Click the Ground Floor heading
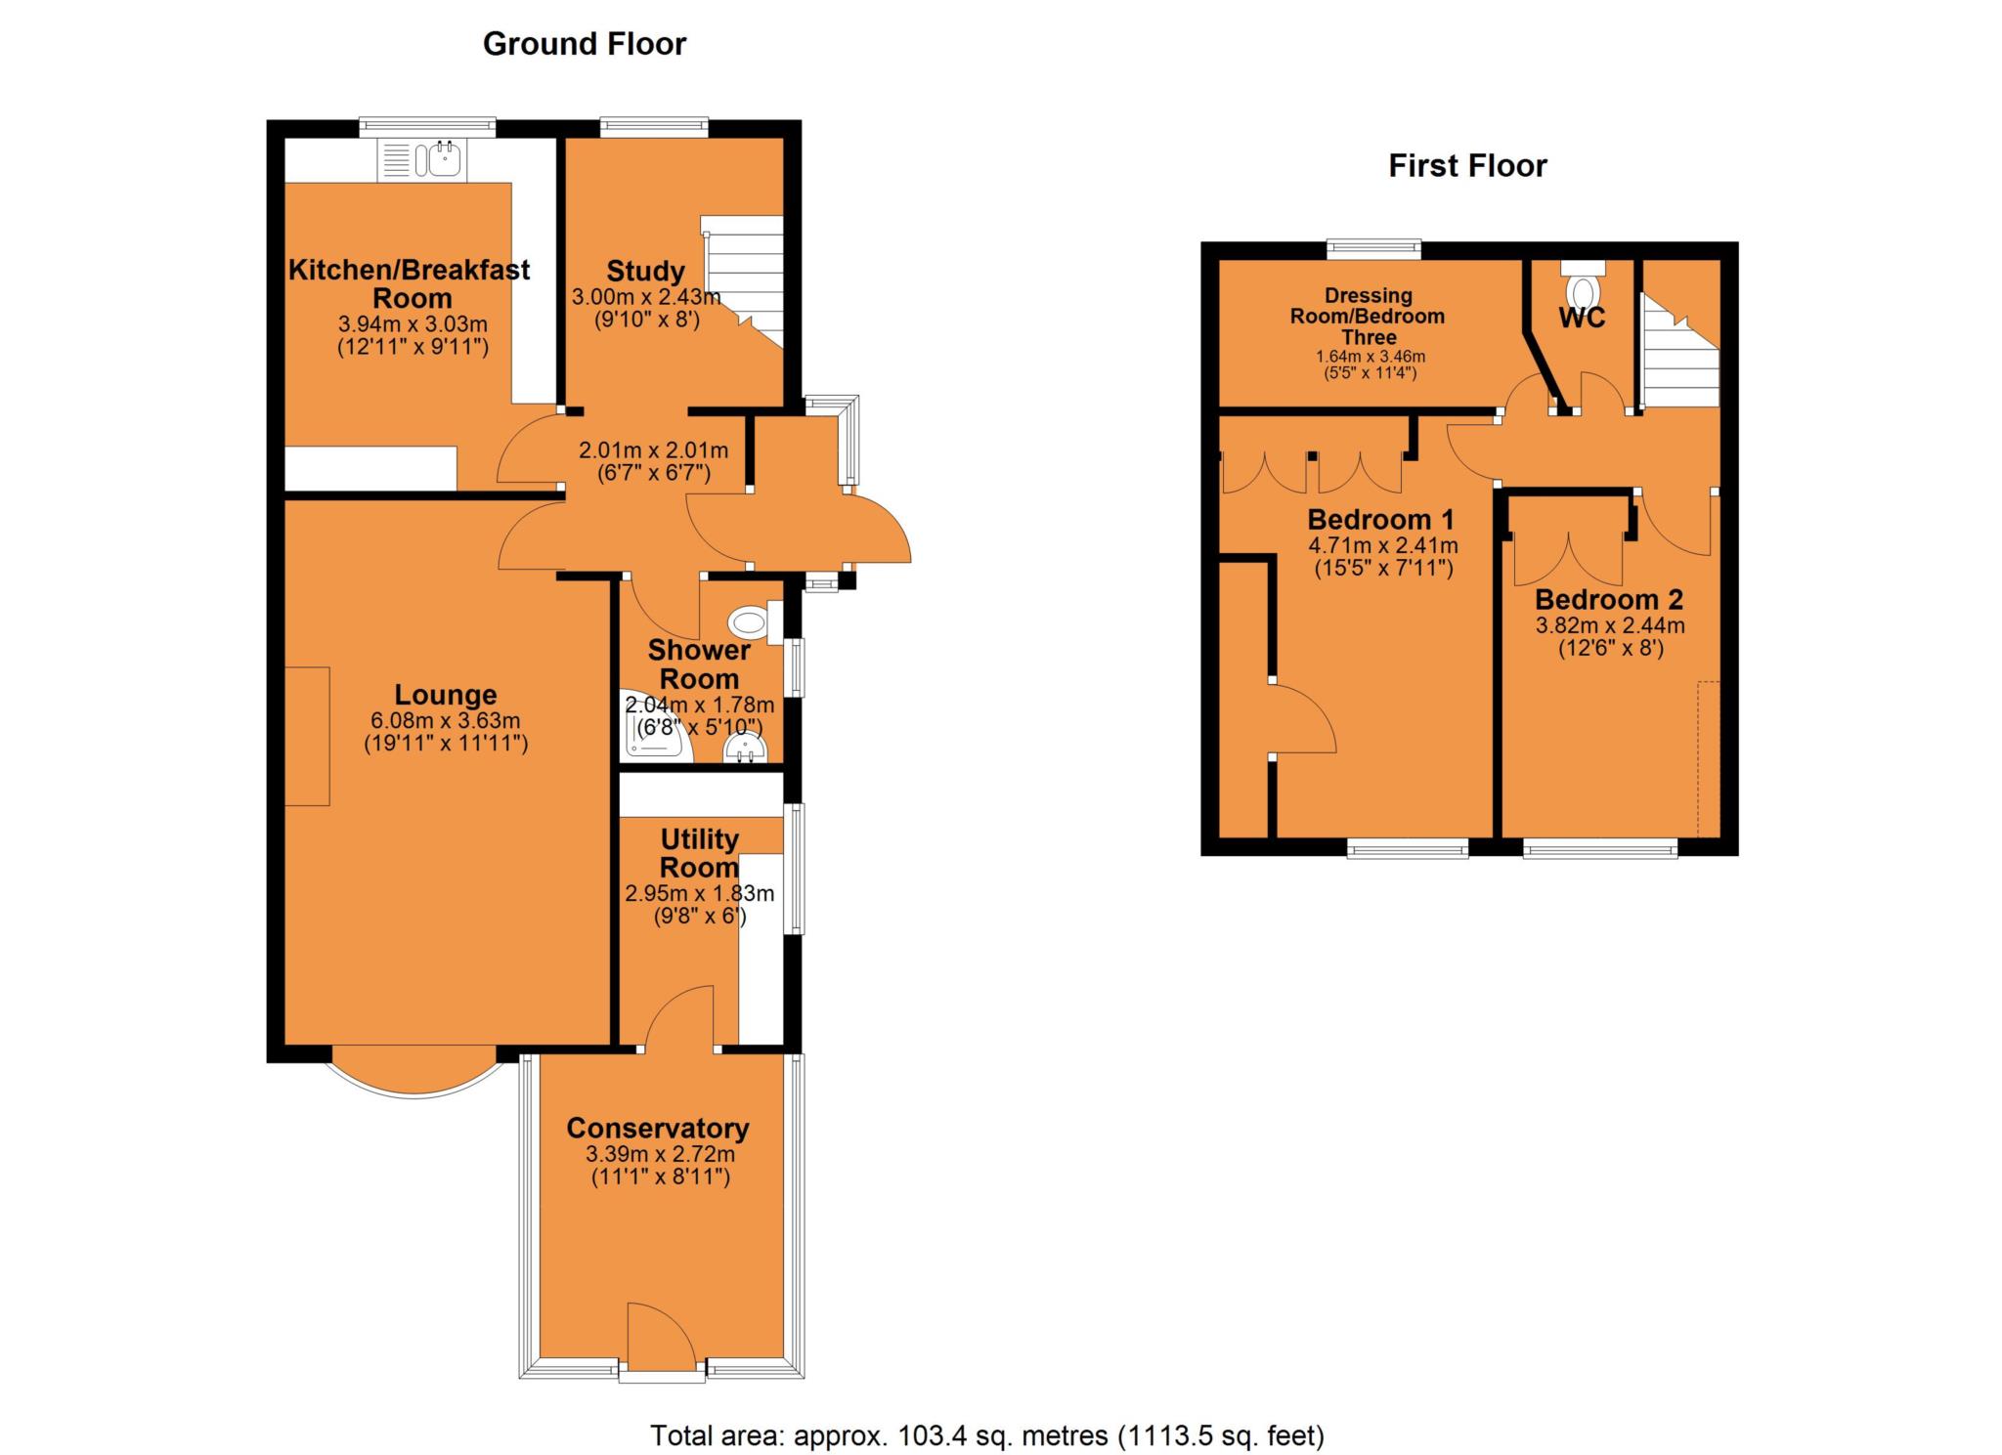[x=585, y=44]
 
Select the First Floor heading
[x=1467, y=166]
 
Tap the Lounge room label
[x=446, y=695]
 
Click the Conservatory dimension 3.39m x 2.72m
[x=660, y=1154]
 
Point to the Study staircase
[x=748, y=278]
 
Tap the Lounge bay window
[x=415, y=1075]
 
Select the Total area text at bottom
[x=986, y=1435]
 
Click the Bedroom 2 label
[x=1609, y=599]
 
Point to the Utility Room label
[x=699, y=853]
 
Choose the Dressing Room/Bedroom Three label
[x=1368, y=316]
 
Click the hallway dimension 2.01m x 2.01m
[x=653, y=451]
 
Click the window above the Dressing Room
[x=1373, y=249]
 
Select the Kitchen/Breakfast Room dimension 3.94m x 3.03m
[x=412, y=324]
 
